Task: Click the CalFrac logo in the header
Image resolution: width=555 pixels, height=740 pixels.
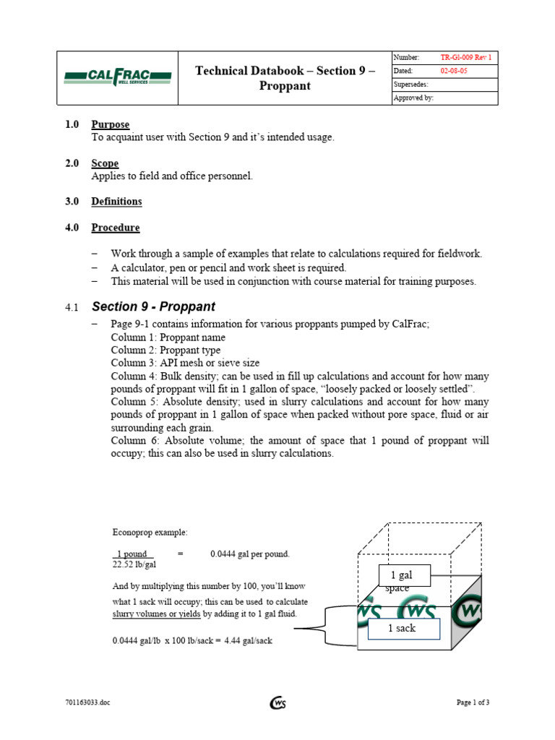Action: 117,77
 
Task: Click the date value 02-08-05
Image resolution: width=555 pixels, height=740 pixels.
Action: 454,71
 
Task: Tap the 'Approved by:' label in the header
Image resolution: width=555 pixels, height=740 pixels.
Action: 413,98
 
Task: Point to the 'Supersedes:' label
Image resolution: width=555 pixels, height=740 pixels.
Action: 411,85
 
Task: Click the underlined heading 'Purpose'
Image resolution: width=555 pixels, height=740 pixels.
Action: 110,125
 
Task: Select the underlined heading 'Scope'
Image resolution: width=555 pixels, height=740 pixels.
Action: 105,163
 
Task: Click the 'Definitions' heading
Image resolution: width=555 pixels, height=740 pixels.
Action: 116,202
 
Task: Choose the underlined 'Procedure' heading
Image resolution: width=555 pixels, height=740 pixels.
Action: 116,228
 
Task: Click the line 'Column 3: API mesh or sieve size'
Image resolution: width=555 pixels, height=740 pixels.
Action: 185,363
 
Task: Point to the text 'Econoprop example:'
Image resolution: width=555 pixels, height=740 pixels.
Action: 150,533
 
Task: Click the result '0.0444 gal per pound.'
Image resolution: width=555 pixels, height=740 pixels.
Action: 249,554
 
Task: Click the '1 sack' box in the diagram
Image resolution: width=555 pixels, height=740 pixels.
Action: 402,628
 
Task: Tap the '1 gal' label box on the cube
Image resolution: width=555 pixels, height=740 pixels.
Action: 405,575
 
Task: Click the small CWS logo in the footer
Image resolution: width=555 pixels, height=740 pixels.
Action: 277,702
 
